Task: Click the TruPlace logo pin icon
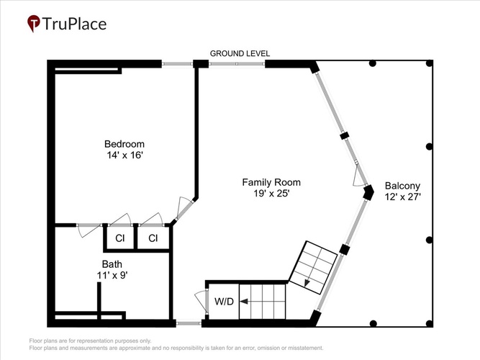pos(33,23)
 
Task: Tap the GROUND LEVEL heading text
pos(240,53)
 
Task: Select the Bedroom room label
pos(124,144)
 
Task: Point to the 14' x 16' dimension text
pos(125,155)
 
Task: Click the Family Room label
pos(271,182)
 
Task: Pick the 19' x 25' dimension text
pos(271,194)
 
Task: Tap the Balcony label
pos(402,186)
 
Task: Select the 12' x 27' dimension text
pos(402,197)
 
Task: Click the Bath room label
pos(112,264)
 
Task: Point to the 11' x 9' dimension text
pos(112,276)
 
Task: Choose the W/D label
pos(224,302)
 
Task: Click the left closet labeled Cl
pos(120,238)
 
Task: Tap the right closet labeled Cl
pos(153,238)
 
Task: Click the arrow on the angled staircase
pos(307,283)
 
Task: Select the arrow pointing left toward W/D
pos(244,302)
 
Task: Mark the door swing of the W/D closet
pos(201,301)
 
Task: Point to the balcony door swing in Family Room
pos(358,177)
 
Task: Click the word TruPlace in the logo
pos(74,24)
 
